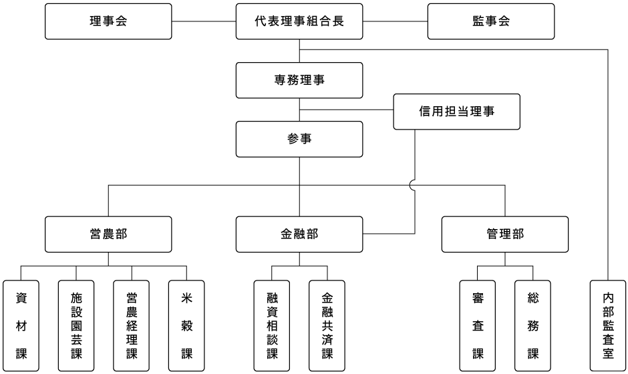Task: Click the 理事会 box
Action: [x=108, y=21]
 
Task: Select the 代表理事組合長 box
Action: [x=299, y=21]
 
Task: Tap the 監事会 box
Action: [x=491, y=21]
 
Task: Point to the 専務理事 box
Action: [x=299, y=80]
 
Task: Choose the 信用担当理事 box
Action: [x=457, y=112]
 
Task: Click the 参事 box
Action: [x=299, y=139]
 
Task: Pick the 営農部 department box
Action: [x=108, y=234]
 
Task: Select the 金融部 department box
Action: [x=299, y=234]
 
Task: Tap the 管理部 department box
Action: [x=505, y=234]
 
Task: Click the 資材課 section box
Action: [x=21, y=326]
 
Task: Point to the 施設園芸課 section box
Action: [x=76, y=326]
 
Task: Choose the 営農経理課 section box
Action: [x=132, y=326]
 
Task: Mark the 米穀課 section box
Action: [x=186, y=326]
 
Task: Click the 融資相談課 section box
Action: [x=272, y=326]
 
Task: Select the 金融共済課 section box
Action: [x=327, y=326]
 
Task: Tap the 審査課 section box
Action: [x=478, y=326]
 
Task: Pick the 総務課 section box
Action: [x=532, y=326]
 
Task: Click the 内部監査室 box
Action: [x=608, y=326]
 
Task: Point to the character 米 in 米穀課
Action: [x=186, y=298]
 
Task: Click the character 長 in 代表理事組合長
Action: [x=338, y=21]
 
